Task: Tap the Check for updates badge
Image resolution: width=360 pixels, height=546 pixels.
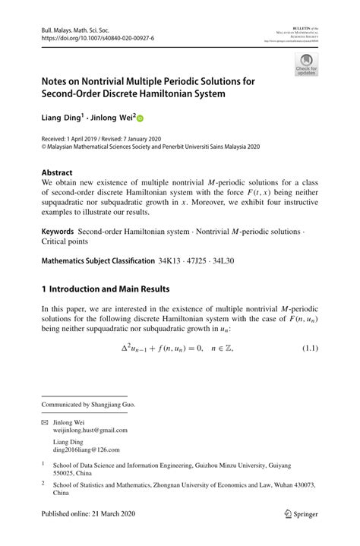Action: (x=305, y=65)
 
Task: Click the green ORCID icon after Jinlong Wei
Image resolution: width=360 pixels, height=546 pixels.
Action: (x=140, y=118)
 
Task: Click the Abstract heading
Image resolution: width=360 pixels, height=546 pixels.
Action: (x=57, y=172)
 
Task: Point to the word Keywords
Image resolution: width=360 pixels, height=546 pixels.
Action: (x=58, y=229)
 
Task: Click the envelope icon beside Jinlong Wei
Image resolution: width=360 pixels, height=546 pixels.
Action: (x=45, y=421)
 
